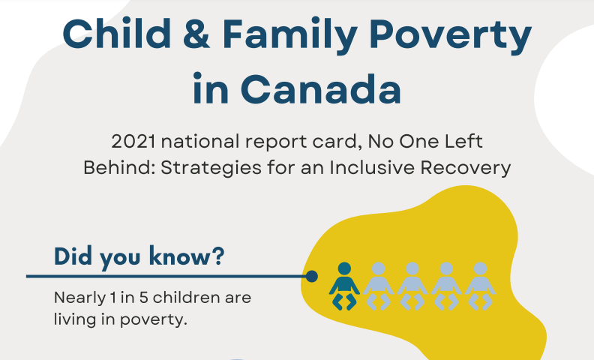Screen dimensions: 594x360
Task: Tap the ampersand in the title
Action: coord(196,34)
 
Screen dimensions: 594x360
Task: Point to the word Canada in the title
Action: coord(320,89)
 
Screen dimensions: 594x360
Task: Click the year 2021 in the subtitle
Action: coord(133,142)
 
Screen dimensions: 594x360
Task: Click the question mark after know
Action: coord(217,256)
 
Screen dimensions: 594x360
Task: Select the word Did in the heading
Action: coord(73,256)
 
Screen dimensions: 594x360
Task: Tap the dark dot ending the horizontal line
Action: coord(311,276)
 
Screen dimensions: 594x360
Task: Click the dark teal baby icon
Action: coord(344,286)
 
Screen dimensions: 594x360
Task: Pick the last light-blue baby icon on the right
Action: coord(480,286)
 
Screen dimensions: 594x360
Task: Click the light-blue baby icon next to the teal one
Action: coord(379,286)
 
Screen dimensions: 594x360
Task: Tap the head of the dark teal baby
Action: coord(344,268)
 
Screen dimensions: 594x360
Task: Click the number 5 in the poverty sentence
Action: coord(143,298)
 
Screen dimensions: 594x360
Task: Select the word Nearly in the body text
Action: coord(79,298)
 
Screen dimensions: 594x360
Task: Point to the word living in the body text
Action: coord(75,319)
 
